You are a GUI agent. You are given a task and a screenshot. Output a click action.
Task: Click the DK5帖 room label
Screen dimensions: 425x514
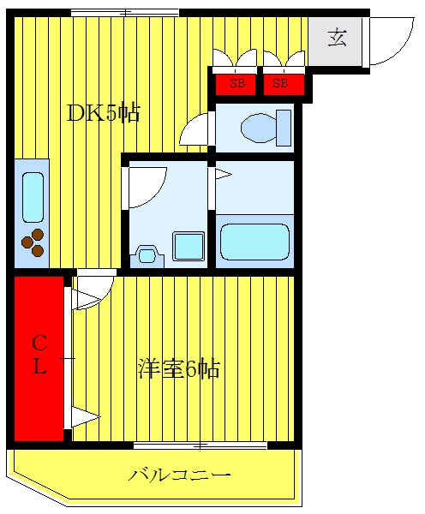point(104,113)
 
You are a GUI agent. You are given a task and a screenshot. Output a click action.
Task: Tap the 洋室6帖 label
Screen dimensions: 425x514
point(179,368)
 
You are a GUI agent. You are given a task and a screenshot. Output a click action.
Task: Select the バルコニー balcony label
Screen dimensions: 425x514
point(179,475)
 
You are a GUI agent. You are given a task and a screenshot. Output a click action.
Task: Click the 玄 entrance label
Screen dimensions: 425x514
point(338,38)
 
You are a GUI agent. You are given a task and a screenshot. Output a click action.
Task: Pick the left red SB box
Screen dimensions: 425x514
point(235,85)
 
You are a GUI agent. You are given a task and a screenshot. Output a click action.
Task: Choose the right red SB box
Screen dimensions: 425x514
point(284,85)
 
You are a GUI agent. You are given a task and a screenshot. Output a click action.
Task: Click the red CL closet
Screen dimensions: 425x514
point(39,359)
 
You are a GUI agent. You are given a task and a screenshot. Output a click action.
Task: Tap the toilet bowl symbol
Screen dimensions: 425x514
point(259,128)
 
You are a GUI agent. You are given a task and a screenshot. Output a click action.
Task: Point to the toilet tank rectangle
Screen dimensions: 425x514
point(284,128)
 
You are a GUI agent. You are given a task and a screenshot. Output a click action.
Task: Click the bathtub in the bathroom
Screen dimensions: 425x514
point(254,242)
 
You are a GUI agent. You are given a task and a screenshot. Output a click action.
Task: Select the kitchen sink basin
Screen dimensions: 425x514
point(33,197)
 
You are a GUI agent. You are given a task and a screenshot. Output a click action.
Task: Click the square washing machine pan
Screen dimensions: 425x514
point(189,246)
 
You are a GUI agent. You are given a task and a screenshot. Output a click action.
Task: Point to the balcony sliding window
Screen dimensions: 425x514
point(200,445)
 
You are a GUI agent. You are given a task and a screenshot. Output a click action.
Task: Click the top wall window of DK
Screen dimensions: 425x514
point(125,13)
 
